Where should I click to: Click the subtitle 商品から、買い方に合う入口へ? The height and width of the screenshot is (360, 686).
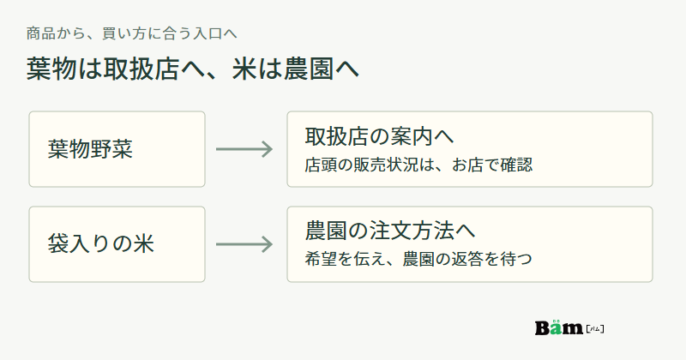[131, 33]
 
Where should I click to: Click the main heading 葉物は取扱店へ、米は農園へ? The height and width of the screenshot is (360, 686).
[192, 69]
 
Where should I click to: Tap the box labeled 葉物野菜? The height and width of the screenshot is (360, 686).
[117, 149]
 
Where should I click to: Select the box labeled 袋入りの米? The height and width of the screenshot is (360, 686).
[117, 244]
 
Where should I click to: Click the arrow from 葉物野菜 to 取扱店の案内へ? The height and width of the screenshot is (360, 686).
[244, 149]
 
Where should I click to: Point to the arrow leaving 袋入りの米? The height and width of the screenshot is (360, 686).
[244, 244]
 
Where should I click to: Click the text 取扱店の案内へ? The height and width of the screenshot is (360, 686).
[379, 136]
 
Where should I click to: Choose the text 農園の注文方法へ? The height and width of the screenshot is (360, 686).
[390, 231]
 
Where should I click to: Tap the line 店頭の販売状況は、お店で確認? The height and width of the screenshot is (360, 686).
[418, 165]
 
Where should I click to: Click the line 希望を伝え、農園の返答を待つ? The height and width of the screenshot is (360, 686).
[418, 259]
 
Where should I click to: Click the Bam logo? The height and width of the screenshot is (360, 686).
[569, 327]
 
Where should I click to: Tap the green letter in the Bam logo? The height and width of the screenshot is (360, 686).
[556, 327]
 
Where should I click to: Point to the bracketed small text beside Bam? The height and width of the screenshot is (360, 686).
[595, 328]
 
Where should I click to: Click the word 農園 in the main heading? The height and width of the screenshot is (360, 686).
[309, 69]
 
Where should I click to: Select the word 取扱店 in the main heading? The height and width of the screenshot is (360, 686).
[141, 69]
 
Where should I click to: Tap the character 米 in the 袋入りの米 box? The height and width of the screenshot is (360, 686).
[144, 243]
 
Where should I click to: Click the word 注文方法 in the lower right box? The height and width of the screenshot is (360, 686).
[412, 231]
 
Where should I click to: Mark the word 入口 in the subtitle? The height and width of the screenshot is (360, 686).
[208, 33]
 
